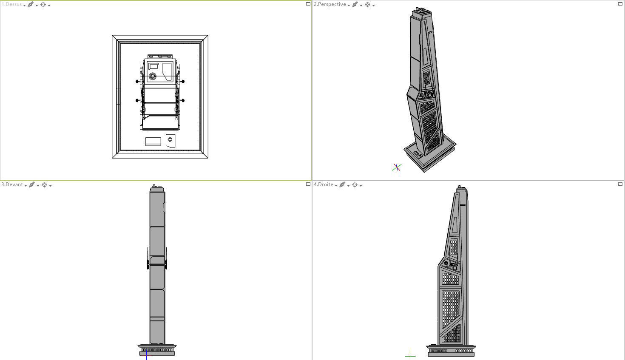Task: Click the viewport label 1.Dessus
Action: (x=12, y=5)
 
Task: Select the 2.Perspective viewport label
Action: (x=330, y=5)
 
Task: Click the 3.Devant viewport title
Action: (x=12, y=185)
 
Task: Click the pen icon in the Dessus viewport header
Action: (x=31, y=5)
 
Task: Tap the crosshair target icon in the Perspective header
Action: (x=368, y=5)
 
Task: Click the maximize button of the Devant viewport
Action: (x=308, y=184)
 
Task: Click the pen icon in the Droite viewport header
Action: (x=342, y=185)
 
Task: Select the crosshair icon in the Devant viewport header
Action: (x=44, y=185)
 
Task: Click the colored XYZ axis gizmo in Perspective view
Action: (x=397, y=167)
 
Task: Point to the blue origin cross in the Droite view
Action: (x=410, y=355)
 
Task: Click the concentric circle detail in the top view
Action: (x=153, y=77)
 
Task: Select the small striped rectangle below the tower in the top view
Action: (x=153, y=142)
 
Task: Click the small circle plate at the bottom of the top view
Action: (x=170, y=140)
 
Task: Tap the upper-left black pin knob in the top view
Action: (x=137, y=81)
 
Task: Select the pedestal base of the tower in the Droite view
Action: (x=451, y=351)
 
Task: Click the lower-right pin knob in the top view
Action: (x=183, y=101)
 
